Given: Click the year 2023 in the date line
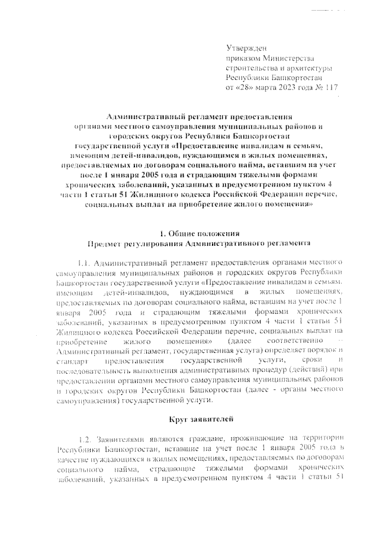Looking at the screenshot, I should click(286, 88).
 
